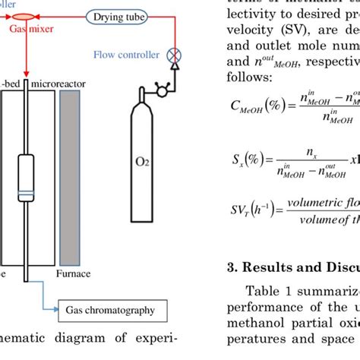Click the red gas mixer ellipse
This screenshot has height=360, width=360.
point(26,16)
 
